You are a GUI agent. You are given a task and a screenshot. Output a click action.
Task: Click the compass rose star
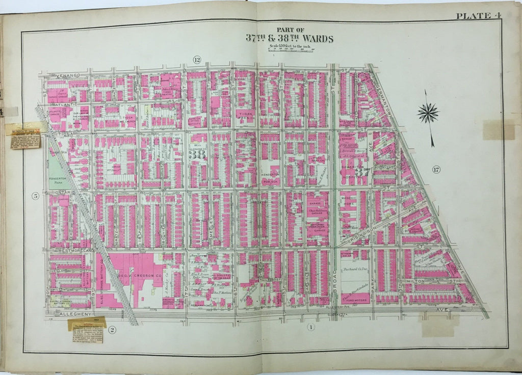pos(428,113)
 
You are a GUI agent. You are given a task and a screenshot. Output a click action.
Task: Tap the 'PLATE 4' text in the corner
pos(478,15)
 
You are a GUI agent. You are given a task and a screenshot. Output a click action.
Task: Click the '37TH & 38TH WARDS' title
pos(289,38)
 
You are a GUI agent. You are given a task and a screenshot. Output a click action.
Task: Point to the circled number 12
pos(197,60)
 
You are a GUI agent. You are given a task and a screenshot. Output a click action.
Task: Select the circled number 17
pos(436,170)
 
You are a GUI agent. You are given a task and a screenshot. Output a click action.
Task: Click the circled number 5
pos(36,195)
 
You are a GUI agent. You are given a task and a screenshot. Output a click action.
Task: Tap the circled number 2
pos(112,330)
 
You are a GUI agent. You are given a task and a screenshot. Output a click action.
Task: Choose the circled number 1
pos(309,327)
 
